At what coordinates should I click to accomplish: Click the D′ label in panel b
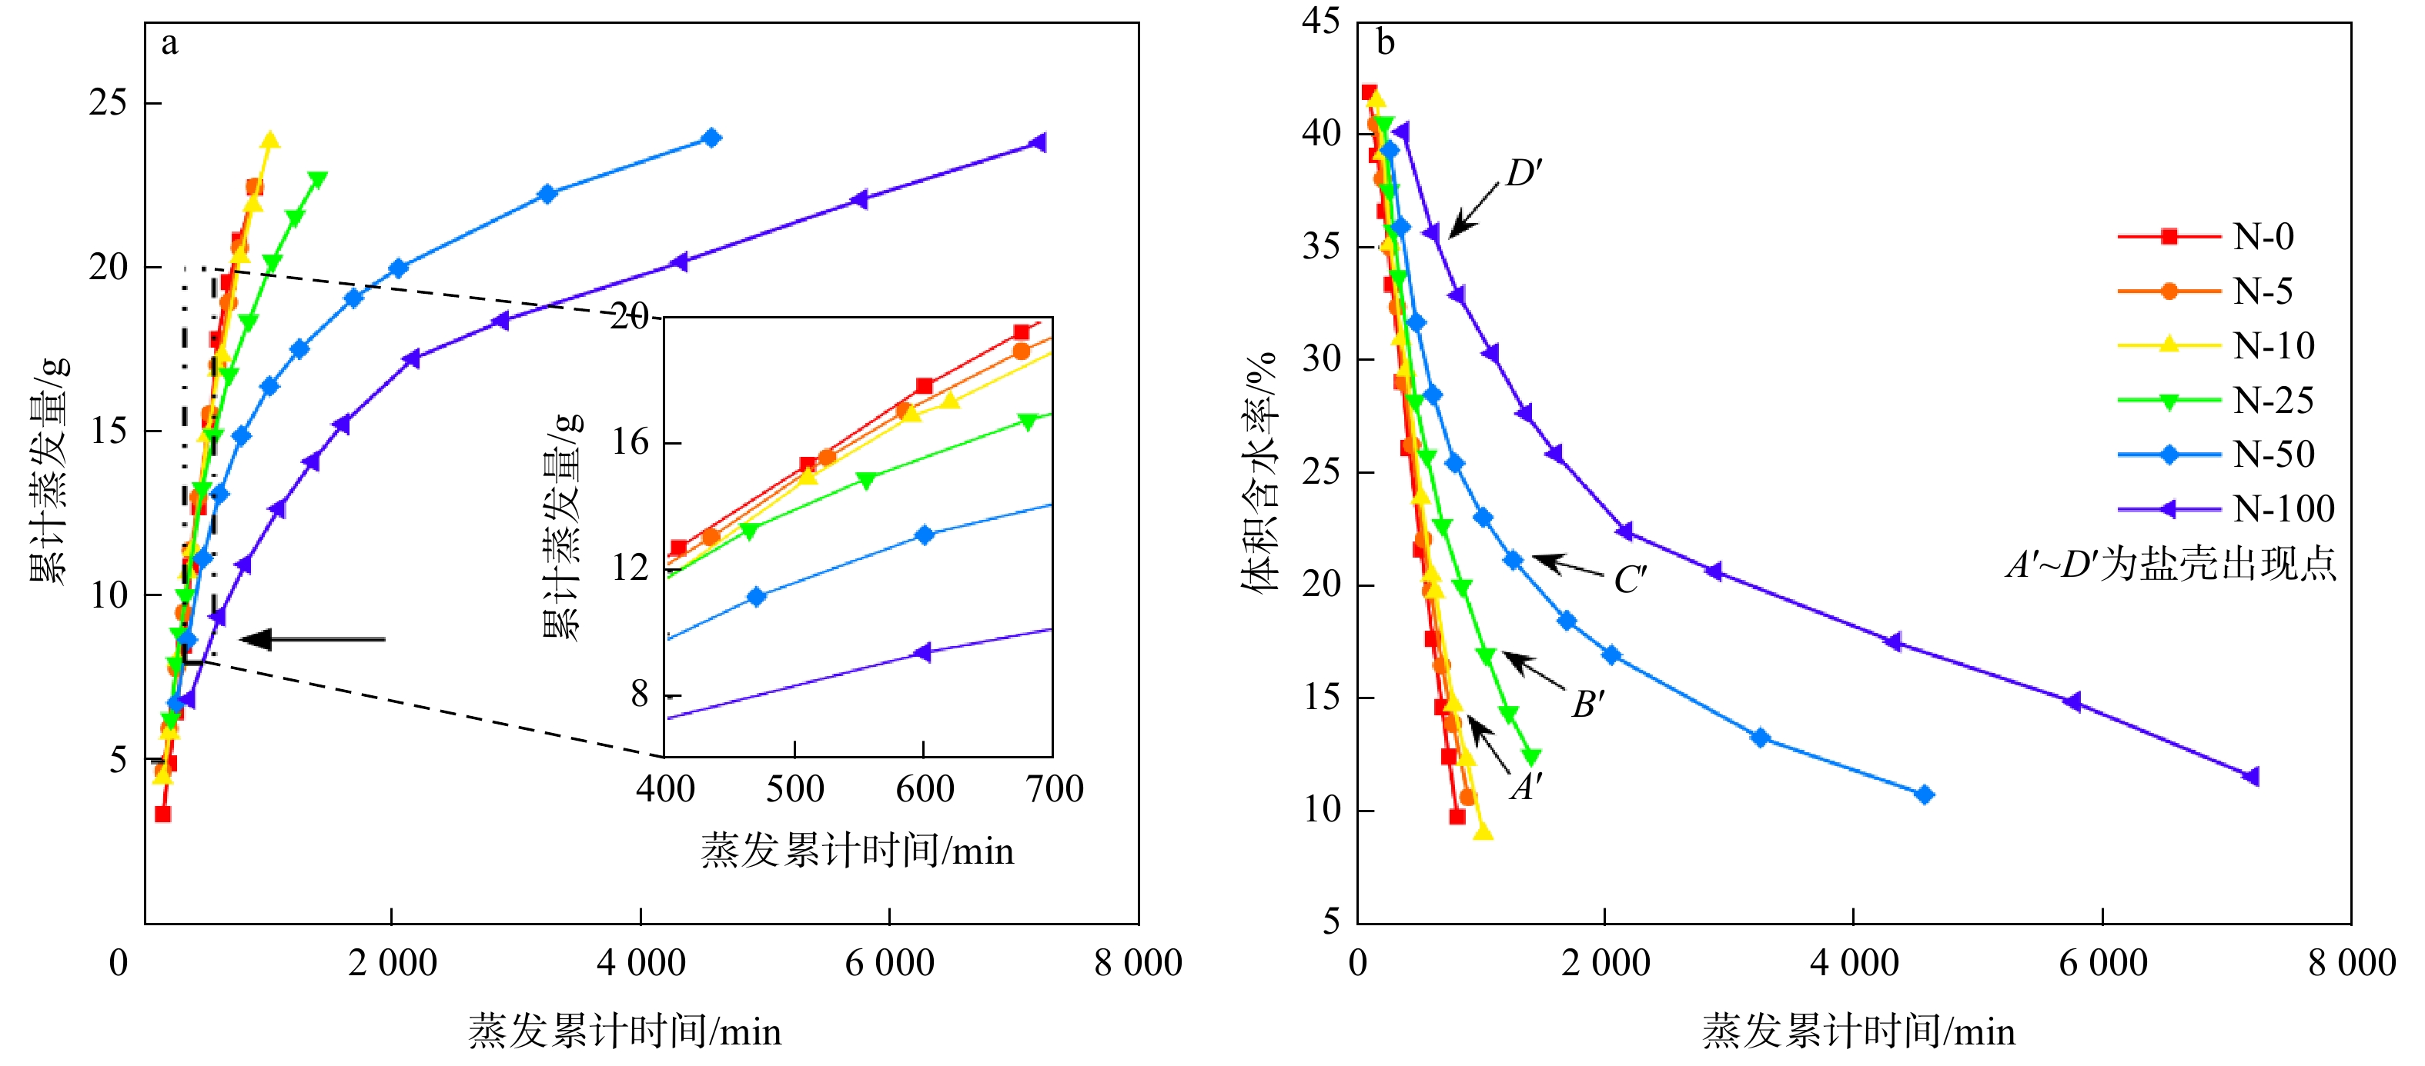[1524, 173]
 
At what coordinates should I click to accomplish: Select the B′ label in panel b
[1588, 704]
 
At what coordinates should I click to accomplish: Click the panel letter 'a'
[169, 43]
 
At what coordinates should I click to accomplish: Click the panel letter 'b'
[1385, 43]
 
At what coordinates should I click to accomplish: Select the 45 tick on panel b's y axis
[1321, 21]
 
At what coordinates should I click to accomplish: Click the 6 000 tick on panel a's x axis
[890, 962]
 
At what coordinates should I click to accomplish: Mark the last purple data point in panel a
[1039, 143]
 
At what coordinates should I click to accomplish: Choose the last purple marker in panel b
[2252, 776]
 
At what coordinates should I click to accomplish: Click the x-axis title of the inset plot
[857, 851]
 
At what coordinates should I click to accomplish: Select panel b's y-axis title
[1259, 471]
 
